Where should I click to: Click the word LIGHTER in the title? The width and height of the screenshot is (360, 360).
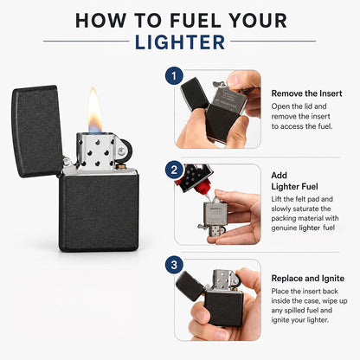[x=180, y=42]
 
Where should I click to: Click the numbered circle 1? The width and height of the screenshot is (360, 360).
[x=174, y=76]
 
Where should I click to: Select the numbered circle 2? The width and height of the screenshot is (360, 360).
[x=174, y=170]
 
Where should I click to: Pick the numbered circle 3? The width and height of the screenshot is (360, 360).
[x=174, y=265]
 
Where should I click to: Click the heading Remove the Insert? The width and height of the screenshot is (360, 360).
[x=306, y=93]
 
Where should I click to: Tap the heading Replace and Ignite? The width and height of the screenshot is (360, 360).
[x=308, y=279]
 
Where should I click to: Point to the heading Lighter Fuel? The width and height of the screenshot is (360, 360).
[x=294, y=187]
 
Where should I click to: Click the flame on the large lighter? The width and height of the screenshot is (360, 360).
[x=95, y=110]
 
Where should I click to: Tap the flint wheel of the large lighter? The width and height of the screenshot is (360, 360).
[x=125, y=151]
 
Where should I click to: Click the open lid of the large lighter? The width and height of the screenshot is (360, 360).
[x=37, y=131]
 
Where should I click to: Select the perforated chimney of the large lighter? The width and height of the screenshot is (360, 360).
[x=96, y=151]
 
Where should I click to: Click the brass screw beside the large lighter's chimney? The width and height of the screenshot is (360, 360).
[x=121, y=166]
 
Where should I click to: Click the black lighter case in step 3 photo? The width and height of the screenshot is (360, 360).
[x=224, y=308]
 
